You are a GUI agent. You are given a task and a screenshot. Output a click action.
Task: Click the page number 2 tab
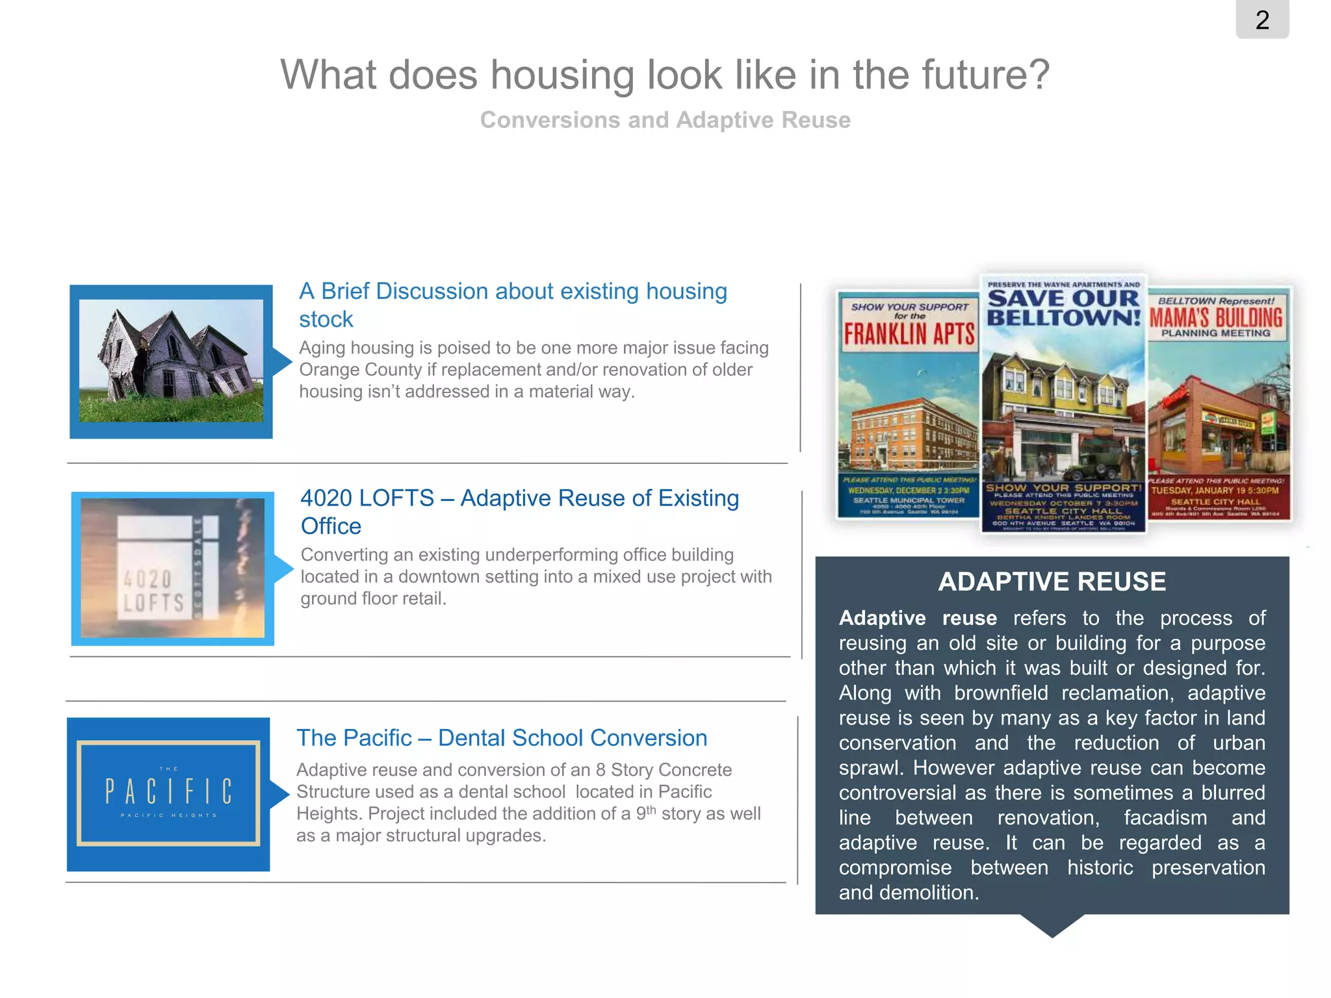pyautogui.click(x=1262, y=20)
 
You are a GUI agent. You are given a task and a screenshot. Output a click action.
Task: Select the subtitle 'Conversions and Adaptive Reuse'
pyautogui.click(x=665, y=120)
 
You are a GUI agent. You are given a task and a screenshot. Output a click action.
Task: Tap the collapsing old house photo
pyautogui.click(x=171, y=361)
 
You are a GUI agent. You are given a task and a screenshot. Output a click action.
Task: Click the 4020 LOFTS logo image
pyautogui.click(x=172, y=569)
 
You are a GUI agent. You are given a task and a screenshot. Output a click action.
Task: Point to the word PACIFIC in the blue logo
pyautogui.click(x=168, y=792)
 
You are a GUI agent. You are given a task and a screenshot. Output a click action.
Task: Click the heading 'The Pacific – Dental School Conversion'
pyautogui.click(x=502, y=738)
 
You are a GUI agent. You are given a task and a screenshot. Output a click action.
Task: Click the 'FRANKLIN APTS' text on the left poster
pyautogui.click(x=909, y=334)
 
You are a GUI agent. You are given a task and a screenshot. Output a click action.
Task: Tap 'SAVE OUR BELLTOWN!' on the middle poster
pyautogui.click(x=1064, y=308)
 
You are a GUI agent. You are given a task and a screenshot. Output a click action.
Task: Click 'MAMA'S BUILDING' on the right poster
pyautogui.click(x=1216, y=318)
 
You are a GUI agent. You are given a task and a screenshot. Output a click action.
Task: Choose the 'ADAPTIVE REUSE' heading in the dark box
pyautogui.click(x=1052, y=582)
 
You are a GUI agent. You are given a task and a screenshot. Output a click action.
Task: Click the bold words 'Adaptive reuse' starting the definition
pyautogui.click(x=917, y=618)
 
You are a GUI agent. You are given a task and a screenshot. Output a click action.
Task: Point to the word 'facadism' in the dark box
pyautogui.click(x=1165, y=818)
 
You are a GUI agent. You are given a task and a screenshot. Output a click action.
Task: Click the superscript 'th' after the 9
pyautogui.click(x=651, y=809)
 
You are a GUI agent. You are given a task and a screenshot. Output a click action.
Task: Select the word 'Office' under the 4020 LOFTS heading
pyautogui.click(x=331, y=526)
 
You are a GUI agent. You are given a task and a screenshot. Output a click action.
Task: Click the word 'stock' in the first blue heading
pyautogui.click(x=326, y=320)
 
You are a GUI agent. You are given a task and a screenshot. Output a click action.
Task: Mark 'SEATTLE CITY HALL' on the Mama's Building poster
pyautogui.click(x=1215, y=502)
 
